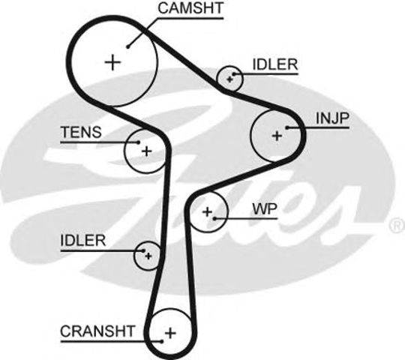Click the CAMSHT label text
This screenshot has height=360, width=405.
(x=190, y=8)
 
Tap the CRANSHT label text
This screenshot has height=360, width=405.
(x=97, y=331)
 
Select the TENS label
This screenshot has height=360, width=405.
(x=81, y=132)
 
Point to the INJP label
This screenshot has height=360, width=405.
(x=333, y=118)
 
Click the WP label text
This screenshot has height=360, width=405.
(x=265, y=209)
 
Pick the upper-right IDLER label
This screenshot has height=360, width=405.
(x=275, y=64)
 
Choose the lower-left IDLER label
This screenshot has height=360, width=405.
(x=83, y=241)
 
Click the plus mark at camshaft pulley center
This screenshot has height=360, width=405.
(x=112, y=62)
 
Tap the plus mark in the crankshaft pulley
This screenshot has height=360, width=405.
(x=170, y=333)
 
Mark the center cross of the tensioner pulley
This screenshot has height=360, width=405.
(x=147, y=151)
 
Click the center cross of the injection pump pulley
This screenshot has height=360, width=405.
(x=277, y=136)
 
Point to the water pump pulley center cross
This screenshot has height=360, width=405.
(x=207, y=212)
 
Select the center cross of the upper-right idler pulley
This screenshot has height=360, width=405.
(x=229, y=79)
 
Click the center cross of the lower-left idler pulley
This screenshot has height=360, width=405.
(x=148, y=256)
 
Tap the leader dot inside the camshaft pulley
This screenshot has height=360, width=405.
(x=127, y=46)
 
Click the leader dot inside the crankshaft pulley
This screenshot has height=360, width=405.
(x=162, y=342)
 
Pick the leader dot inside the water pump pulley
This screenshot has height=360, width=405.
(x=215, y=219)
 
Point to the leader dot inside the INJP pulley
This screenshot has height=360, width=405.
(x=287, y=127)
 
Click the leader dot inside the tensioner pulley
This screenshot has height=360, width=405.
(x=139, y=142)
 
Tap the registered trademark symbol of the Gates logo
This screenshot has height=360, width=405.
(x=397, y=226)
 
